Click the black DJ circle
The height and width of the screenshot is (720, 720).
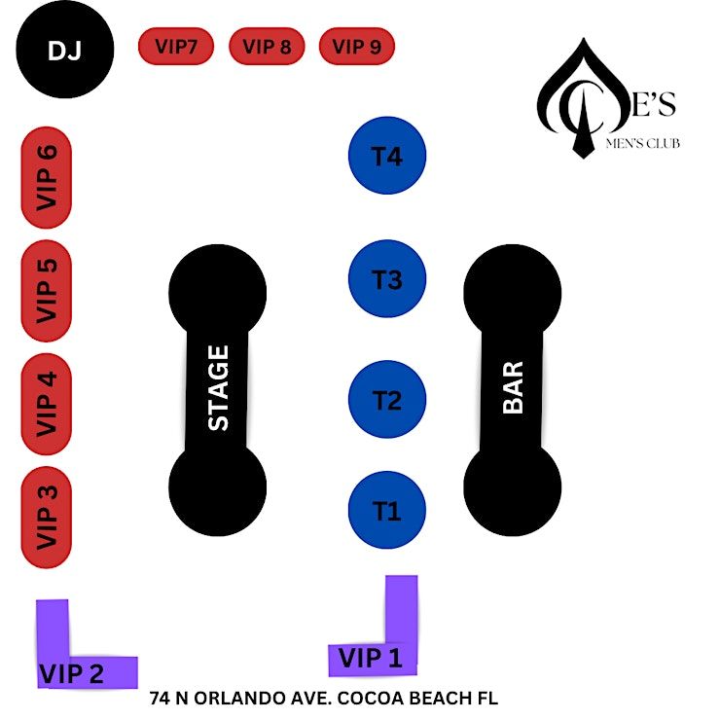pos(65,50)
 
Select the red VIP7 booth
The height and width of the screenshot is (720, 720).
pos(176,46)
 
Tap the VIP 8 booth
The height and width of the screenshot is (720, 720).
pos(267,46)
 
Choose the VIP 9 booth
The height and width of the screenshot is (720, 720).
pos(356,46)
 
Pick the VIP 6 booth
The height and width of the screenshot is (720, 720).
pos(47,177)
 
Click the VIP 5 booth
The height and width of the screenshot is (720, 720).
pos(47,290)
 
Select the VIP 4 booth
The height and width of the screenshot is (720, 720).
pos(47,403)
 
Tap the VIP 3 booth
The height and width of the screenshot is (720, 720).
pos(47,517)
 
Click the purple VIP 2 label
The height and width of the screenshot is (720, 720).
pos(72,673)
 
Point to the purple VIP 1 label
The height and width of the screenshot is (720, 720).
pos(371,659)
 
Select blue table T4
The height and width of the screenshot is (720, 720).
pos(387,156)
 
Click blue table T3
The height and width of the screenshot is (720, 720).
pos(387,279)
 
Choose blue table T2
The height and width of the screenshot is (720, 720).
pos(387,400)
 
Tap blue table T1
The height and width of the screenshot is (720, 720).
pos(387,511)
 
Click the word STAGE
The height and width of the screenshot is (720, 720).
pos(218,387)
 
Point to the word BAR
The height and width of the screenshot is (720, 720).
pos(513,387)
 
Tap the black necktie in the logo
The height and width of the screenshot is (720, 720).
pos(581,131)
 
